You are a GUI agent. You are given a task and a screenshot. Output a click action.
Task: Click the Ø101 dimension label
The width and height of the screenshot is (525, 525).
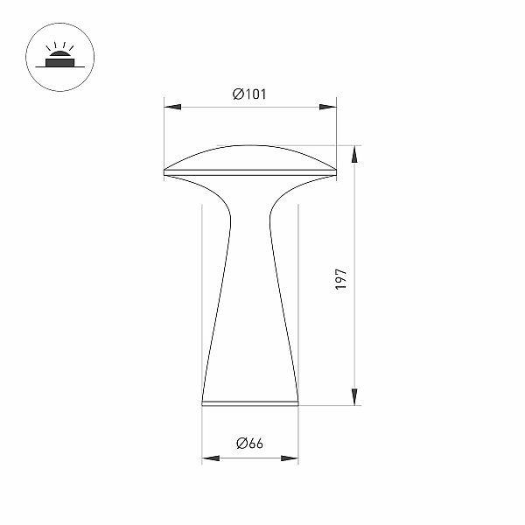click(x=249, y=94)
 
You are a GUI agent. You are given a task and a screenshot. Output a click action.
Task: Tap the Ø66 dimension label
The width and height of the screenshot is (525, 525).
click(x=249, y=444)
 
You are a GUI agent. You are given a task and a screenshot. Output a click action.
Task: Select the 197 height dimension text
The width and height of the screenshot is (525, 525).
click(x=341, y=279)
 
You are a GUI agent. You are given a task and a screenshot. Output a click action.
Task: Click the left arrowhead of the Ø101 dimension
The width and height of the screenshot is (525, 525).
click(x=172, y=107)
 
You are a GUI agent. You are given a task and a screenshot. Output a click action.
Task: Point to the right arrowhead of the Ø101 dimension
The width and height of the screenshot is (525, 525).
click(x=328, y=107)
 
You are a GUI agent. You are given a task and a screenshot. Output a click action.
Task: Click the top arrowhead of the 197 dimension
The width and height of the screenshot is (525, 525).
click(x=354, y=154)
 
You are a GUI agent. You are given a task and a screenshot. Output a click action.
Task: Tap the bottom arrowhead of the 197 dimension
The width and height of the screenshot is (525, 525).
click(x=354, y=397)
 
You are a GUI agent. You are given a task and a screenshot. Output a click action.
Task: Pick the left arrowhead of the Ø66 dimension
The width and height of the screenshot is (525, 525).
click(x=211, y=458)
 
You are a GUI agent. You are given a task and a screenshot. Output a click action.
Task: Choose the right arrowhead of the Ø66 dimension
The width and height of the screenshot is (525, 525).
click(x=290, y=458)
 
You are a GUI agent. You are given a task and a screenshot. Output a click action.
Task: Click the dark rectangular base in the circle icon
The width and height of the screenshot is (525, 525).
click(x=59, y=63)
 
